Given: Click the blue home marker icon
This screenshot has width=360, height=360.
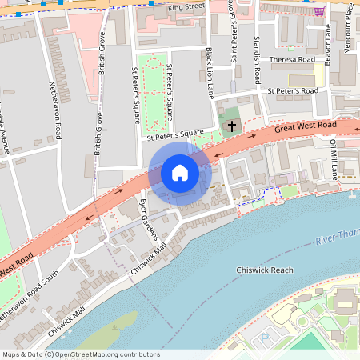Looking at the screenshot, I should tap(179, 173).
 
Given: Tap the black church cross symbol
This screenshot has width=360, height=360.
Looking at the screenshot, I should tap(233, 126).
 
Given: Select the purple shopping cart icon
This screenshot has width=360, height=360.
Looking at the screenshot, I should tap(319, 11).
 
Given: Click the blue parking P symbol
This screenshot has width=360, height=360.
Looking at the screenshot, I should tap(265, 340).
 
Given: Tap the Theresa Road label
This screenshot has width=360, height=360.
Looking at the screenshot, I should tap(293, 59).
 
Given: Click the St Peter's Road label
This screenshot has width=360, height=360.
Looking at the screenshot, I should tap(293, 91).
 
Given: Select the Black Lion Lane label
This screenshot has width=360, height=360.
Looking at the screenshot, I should tap(210, 72).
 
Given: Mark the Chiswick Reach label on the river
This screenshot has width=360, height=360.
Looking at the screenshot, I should tap(265, 270).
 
